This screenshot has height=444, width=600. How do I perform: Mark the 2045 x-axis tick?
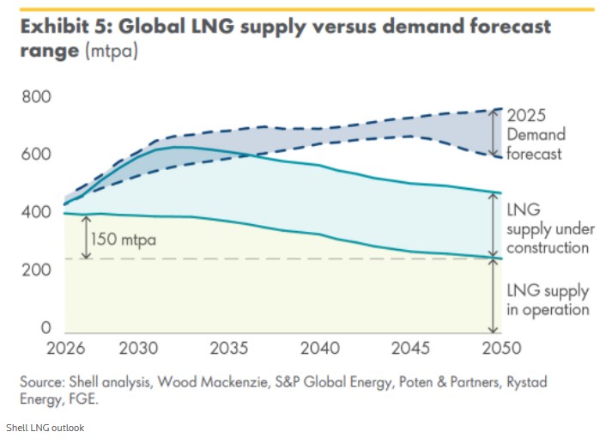point(410,351)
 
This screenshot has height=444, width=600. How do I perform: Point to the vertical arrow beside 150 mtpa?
point(87,236)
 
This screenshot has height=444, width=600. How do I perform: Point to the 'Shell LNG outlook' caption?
point(45,428)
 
